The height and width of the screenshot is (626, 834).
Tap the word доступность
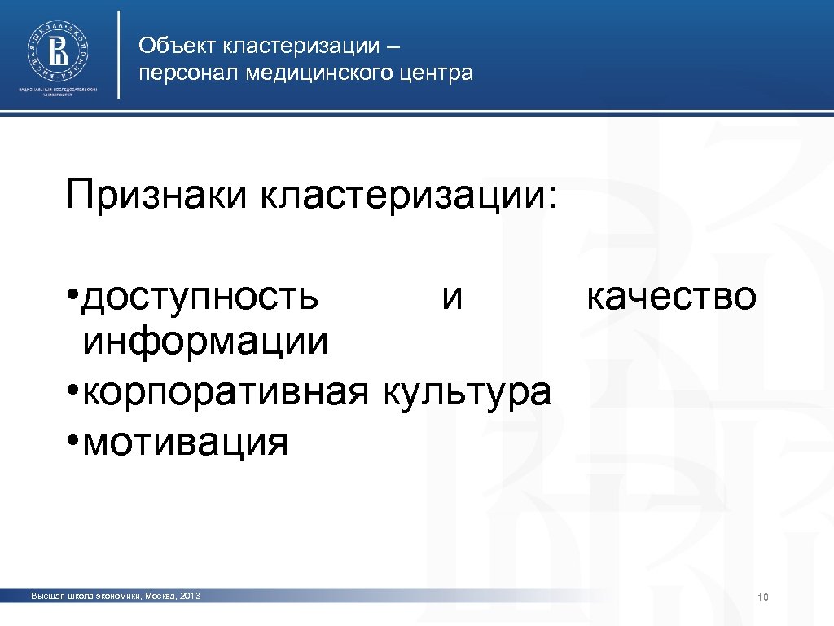[x=201, y=298]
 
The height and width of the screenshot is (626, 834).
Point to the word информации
[x=206, y=342]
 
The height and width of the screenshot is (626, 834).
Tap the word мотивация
[x=186, y=443]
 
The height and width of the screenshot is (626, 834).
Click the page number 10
[x=763, y=599]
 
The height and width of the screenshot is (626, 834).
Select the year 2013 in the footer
[x=187, y=597]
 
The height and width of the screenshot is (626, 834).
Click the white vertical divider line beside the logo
[x=120, y=54]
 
